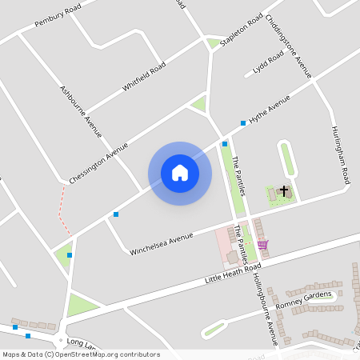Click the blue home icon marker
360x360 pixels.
coord(180,173)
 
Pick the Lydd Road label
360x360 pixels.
coord(269,63)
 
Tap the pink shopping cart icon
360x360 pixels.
coord(263,245)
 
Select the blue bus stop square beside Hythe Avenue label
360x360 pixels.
coord(243,123)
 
